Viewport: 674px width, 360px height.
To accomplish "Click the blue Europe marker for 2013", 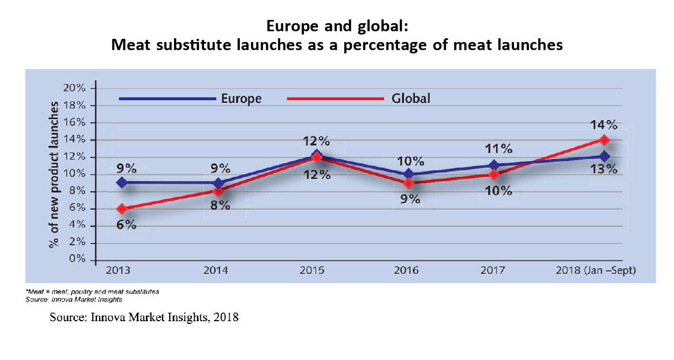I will tap(122, 183).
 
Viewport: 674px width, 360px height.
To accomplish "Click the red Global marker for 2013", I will tap(122, 209).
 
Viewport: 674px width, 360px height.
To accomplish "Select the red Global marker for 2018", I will tap(604, 140).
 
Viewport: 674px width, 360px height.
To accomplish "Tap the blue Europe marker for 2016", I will tap(408, 174).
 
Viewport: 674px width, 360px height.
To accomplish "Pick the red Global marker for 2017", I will tap(494, 174).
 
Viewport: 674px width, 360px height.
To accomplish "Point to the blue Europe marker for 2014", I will tap(218, 183).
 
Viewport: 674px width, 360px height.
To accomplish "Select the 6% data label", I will tap(126, 224).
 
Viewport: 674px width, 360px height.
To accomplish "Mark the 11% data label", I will tap(498, 149).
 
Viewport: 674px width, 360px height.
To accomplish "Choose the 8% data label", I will tap(220, 205).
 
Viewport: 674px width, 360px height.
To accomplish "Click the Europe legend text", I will tap(241, 99).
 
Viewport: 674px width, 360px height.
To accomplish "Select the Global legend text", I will tap(411, 99).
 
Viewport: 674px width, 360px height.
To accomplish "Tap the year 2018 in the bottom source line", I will tap(226, 317).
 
